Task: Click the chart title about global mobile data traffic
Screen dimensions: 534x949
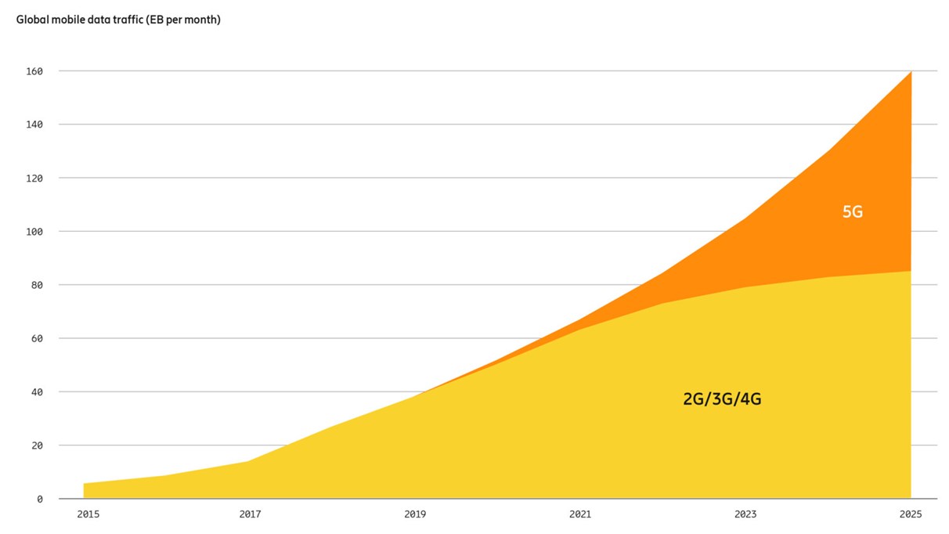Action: [x=118, y=20]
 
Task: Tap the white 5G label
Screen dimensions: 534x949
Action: [x=852, y=211]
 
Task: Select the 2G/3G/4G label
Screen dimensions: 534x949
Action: [x=722, y=399]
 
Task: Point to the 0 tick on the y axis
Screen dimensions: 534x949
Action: [x=40, y=499]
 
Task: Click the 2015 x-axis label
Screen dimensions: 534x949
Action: [x=88, y=514]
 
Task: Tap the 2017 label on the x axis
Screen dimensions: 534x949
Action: [x=250, y=514]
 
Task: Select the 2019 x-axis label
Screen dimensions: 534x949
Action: [x=415, y=514]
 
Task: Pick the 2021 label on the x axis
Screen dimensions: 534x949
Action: [x=580, y=514]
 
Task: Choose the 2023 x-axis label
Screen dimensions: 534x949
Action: [x=745, y=514]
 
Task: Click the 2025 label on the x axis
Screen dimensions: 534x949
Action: [x=911, y=514]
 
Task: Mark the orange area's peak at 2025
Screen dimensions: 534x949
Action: [x=910, y=73]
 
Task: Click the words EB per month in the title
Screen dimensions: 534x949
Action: [x=182, y=20]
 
